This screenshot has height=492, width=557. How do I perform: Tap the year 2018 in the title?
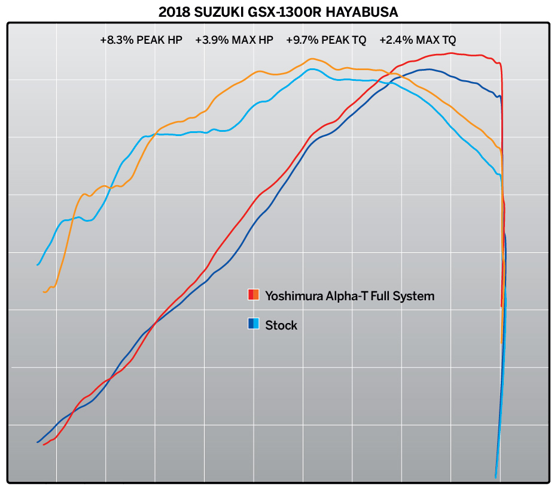[x=175, y=11]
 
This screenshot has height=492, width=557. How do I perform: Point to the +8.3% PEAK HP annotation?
[x=141, y=40]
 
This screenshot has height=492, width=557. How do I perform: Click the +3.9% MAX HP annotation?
[x=234, y=40]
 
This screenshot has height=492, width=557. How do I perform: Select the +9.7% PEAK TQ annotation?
[x=326, y=40]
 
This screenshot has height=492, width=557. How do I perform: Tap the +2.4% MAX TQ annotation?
[x=418, y=40]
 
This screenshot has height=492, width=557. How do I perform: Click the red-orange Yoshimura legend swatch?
[x=253, y=295]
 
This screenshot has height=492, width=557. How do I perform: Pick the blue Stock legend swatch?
[x=253, y=325]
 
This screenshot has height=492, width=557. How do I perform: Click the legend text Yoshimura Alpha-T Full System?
[x=349, y=295]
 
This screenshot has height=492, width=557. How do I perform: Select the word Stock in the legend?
[x=281, y=325]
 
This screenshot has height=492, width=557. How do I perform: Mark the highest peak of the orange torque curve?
[x=311, y=59]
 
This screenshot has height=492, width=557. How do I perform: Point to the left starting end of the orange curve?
[x=44, y=292]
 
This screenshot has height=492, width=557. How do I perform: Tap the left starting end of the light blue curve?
[x=38, y=264]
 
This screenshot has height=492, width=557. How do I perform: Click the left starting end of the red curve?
[x=44, y=445]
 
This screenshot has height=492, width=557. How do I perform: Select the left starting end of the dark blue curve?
[x=37, y=443]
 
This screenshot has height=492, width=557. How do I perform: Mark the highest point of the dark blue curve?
[x=429, y=70]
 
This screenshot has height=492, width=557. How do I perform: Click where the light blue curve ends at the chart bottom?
[x=496, y=477]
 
